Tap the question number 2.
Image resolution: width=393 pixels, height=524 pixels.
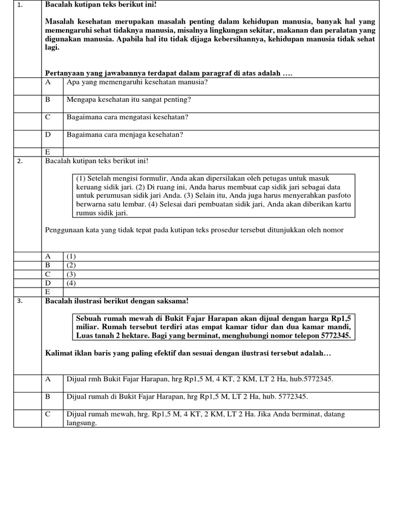point(19,161)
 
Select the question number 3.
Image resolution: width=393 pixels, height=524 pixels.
point(19,301)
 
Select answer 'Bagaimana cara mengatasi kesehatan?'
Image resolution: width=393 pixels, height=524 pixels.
point(127,117)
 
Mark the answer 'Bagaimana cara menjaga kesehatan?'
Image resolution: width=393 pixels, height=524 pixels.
point(125,135)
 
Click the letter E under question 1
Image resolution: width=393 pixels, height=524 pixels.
point(48,152)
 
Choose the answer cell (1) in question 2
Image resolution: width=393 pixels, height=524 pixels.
point(71,256)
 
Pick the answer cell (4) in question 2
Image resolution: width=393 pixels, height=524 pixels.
point(71,282)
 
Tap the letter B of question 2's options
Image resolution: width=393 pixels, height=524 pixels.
point(48,265)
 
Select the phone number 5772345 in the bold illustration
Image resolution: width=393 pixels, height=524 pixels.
point(337,336)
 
